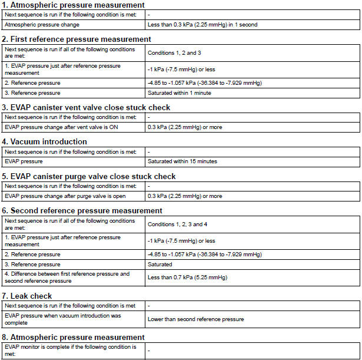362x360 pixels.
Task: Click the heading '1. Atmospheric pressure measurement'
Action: tap(74, 5)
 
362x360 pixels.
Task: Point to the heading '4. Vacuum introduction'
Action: tap(45, 141)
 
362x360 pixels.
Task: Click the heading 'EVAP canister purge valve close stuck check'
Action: tap(89, 176)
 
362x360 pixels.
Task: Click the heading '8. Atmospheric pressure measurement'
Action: tap(74, 337)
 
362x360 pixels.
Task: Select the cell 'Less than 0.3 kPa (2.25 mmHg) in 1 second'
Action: tap(202, 25)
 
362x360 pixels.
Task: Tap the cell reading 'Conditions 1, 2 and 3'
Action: tap(174, 53)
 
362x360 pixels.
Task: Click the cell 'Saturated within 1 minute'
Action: tap(180, 93)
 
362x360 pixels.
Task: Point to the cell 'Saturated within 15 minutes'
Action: tap(182, 161)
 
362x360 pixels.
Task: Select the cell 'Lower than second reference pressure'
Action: tap(195, 319)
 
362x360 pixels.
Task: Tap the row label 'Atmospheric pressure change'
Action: tap(42, 25)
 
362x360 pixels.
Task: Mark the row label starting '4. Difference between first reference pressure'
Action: tap(67, 278)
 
